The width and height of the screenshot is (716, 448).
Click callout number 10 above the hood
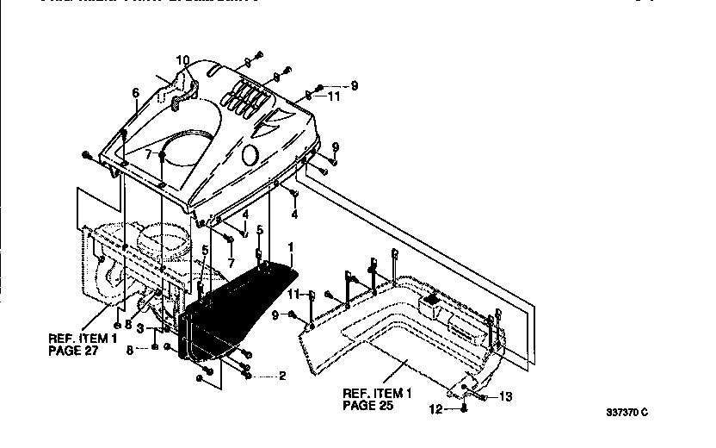182,60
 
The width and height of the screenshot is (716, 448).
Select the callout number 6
135,92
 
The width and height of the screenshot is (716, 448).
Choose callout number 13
506,397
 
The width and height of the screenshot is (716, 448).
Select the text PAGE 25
369,403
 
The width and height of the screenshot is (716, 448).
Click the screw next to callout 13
481,397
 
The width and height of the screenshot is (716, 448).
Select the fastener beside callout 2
248,374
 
